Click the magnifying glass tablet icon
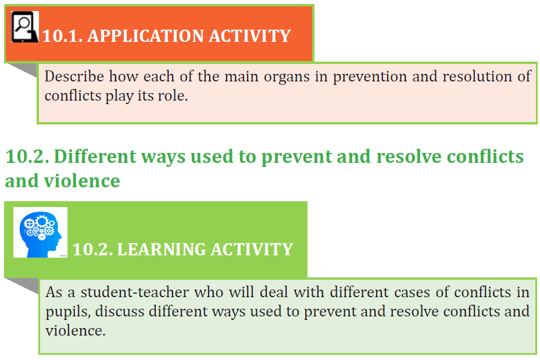[x=25, y=27]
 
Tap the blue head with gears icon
[x=40, y=232]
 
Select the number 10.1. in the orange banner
[x=62, y=36]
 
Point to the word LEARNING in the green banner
[x=161, y=249]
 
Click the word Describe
[x=74, y=77]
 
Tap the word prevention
[x=370, y=77]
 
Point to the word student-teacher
[x=135, y=292]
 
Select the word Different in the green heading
[x=95, y=156]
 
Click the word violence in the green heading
[x=82, y=181]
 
